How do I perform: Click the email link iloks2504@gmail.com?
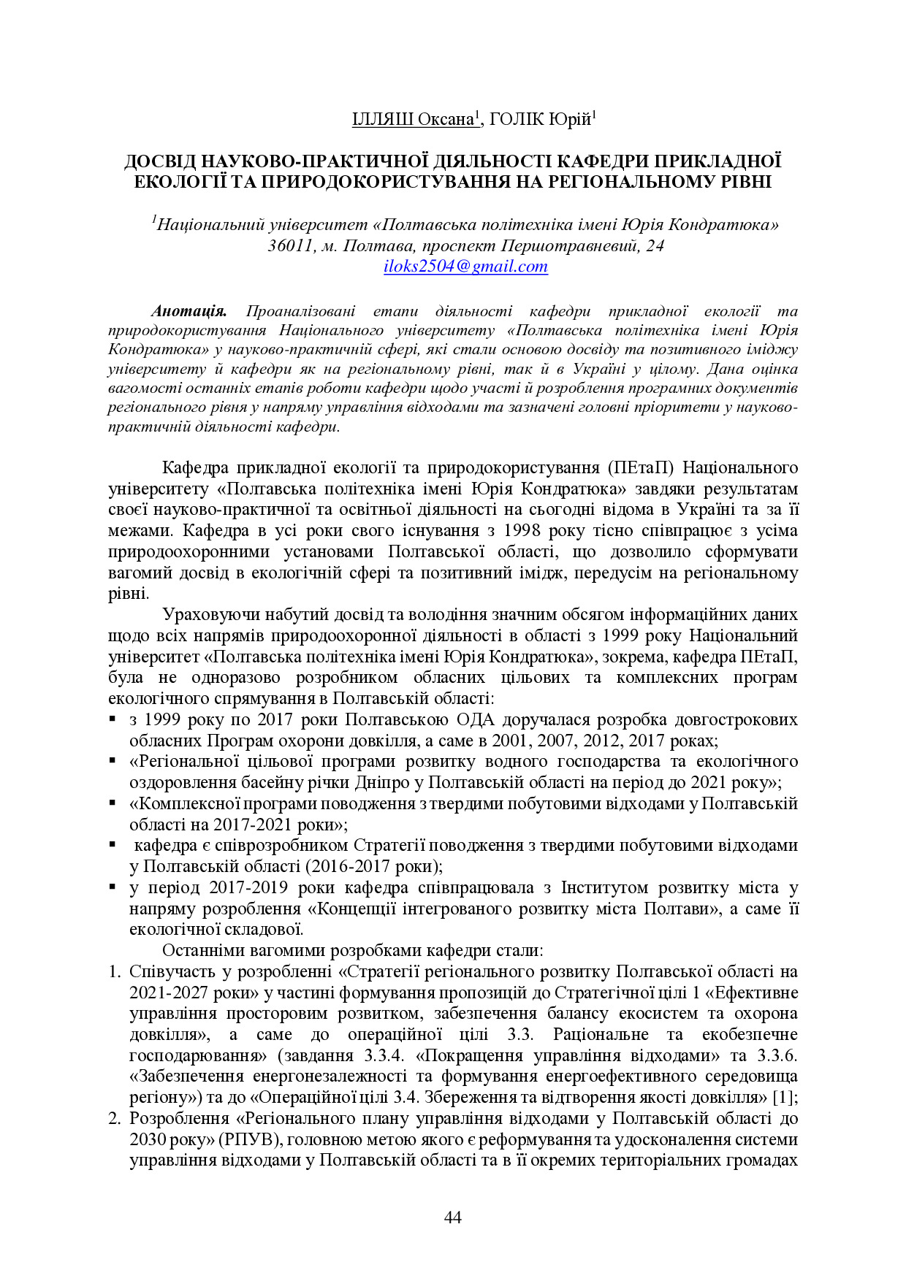click(465, 267)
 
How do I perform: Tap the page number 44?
click(452, 1217)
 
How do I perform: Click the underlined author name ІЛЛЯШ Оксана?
click(414, 119)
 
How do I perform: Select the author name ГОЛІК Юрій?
click(540, 119)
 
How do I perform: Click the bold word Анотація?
click(189, 312)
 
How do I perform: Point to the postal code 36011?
click(290, 245)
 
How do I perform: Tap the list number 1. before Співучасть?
click(114, 972)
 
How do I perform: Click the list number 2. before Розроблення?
click(114, 1119)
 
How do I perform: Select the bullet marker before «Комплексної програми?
click(113, 803)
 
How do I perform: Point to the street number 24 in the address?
click(655, 245)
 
